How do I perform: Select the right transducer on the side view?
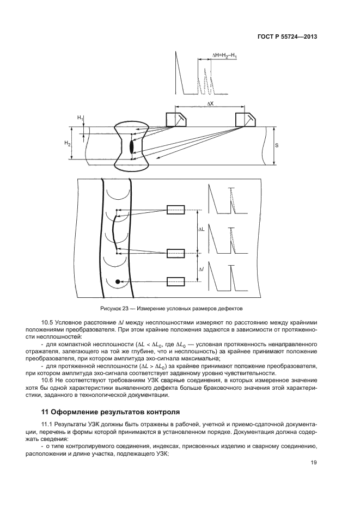pos(245,120)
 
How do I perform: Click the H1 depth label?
pos(80,118)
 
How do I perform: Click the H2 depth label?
pos(68,143)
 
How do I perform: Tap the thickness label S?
pos(277,145)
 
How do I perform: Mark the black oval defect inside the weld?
pos(131,147)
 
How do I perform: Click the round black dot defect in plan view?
pos(117,281)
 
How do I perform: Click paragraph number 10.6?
pos(47,380)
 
